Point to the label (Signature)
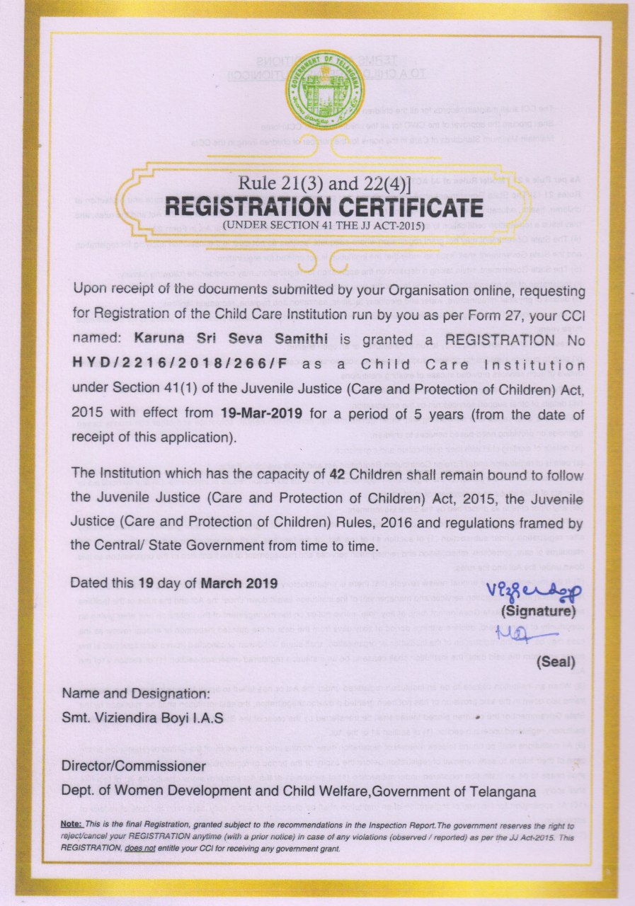click(539, 610)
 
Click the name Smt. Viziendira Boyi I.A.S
click(143, 718)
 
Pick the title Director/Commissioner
click(133, 767)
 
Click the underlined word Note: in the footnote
click(71, 825)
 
